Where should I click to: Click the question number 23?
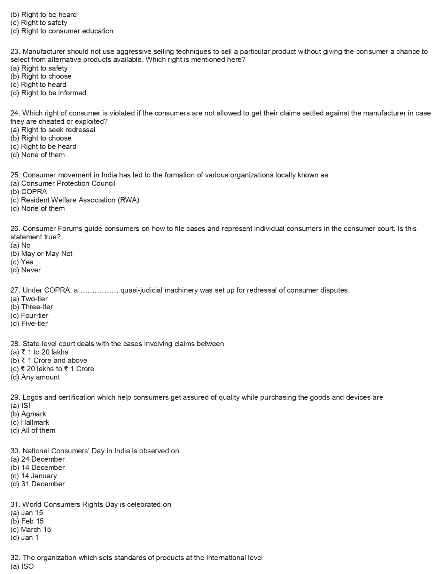tap(15, 51)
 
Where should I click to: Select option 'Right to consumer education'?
tap(62, 31)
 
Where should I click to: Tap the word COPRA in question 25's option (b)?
tap(34, 192)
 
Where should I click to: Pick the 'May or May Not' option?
tap(41, 254)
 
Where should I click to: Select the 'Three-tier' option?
tap(32, 307)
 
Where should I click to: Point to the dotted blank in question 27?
tap(100, 290)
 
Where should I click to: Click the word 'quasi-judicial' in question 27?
tap(141, 290)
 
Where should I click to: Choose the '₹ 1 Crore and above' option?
tap(49, 360)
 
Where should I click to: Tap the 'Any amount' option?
tap(35, 377)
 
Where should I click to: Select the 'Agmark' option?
tap(28, 414)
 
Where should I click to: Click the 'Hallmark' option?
tap(30, 422)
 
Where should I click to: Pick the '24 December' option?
tap(38, 459)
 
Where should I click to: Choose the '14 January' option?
tap(33, 476)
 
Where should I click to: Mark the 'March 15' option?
tap(31, 529)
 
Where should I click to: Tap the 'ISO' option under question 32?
tap(22, 566)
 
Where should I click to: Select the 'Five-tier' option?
tap(29, 324)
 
